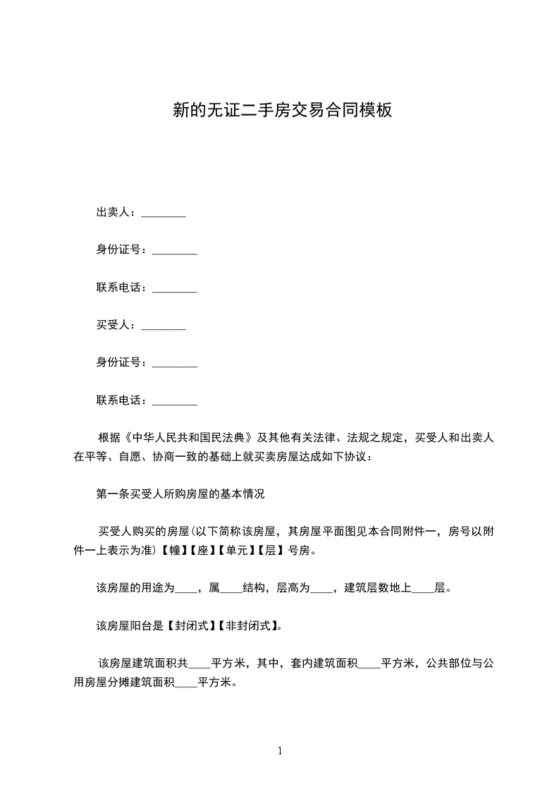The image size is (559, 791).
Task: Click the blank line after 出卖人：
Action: (164, 214)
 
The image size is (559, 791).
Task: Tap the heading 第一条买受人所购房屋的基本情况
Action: (180, 494)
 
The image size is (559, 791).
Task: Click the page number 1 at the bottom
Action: (280, 751)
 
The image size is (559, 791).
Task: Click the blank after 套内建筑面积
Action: (369, 663)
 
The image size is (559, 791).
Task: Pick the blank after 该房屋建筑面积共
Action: (201, 663)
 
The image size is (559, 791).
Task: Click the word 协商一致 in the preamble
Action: (171, 457)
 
